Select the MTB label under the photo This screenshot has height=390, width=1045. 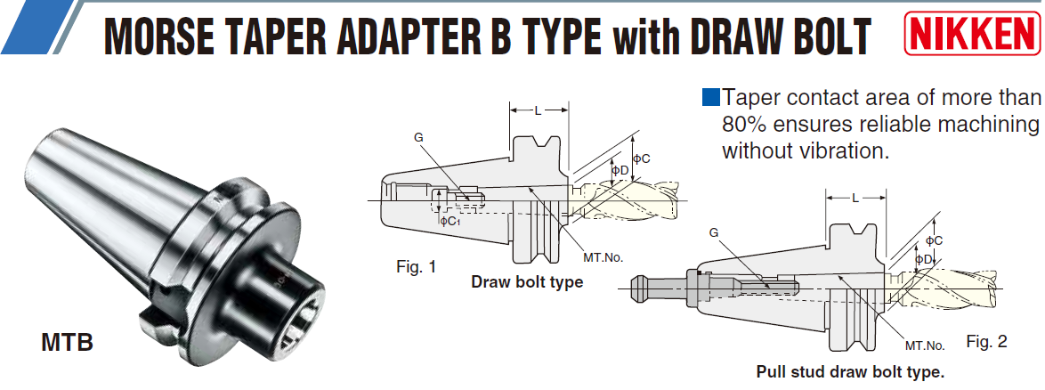click(67, 341)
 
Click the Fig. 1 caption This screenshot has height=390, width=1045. click(417, 266)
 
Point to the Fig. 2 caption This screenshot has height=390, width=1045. click(987, 341)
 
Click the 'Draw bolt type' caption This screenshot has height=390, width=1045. click(527, 282)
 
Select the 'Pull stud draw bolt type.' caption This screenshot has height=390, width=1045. click(850, 371)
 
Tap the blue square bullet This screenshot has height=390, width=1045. click(710, 96)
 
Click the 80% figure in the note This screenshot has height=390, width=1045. click(743, 123)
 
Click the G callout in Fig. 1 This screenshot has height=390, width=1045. click(418, 137)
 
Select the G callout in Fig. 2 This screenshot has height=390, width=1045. click(713, 232)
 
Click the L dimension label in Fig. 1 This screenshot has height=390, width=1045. click(538, 110)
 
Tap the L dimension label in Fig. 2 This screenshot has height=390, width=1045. click(855, 197)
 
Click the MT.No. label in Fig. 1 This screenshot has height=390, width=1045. click(603, 257)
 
